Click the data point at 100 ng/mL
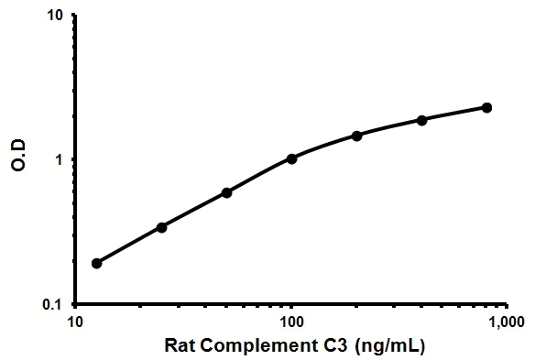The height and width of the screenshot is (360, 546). point(291,158)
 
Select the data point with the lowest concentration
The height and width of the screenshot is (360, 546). point(96,263)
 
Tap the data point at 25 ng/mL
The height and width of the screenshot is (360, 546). point(161,226)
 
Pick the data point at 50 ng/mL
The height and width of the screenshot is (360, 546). point(226,192)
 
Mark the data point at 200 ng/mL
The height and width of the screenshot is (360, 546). point(356,135)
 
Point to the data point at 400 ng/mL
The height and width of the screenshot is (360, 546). point(421,120)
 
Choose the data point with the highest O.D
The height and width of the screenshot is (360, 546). point(486,107)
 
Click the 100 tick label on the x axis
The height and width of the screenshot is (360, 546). point(291,322)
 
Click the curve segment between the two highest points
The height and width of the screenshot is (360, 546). point(454,114)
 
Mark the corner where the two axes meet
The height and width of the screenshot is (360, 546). point(76,303)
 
